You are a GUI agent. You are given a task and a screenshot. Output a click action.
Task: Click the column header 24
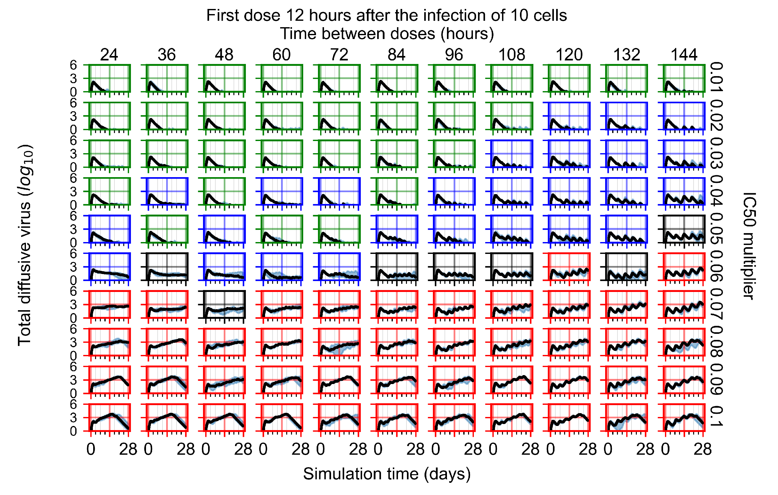tap(109, 55)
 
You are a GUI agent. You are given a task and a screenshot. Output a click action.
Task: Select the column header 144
tap(684, 55)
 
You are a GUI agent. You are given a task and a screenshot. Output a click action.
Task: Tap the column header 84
tap(396, 55)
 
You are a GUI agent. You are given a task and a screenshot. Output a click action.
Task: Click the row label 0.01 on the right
tap(716, 77)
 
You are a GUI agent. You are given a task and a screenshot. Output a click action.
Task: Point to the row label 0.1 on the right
tap(716, 417)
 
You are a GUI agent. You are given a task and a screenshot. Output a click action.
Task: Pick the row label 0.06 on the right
tap(716, 266)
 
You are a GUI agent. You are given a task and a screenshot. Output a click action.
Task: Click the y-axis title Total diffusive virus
tap(25, 245)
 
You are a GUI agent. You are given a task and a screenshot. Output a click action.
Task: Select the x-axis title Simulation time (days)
tap(387, 474)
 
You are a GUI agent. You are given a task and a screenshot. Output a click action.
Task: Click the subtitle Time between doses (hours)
tap(387, 34)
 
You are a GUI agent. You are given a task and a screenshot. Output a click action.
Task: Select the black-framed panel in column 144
tap(684, 229)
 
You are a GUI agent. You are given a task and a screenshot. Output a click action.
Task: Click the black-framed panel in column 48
tap(224, 304)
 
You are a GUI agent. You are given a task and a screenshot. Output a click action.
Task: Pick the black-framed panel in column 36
tap(167, 267)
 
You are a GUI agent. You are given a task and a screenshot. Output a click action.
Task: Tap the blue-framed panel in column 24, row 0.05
tap(109, 229)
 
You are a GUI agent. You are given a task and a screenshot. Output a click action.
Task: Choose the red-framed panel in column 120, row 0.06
tap(569, 267)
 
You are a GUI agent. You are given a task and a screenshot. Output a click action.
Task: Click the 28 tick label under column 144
tap(702, 449)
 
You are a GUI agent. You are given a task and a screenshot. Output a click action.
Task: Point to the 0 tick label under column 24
tap(91, 449)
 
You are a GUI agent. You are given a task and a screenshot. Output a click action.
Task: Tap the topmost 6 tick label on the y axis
tap(73, 65)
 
